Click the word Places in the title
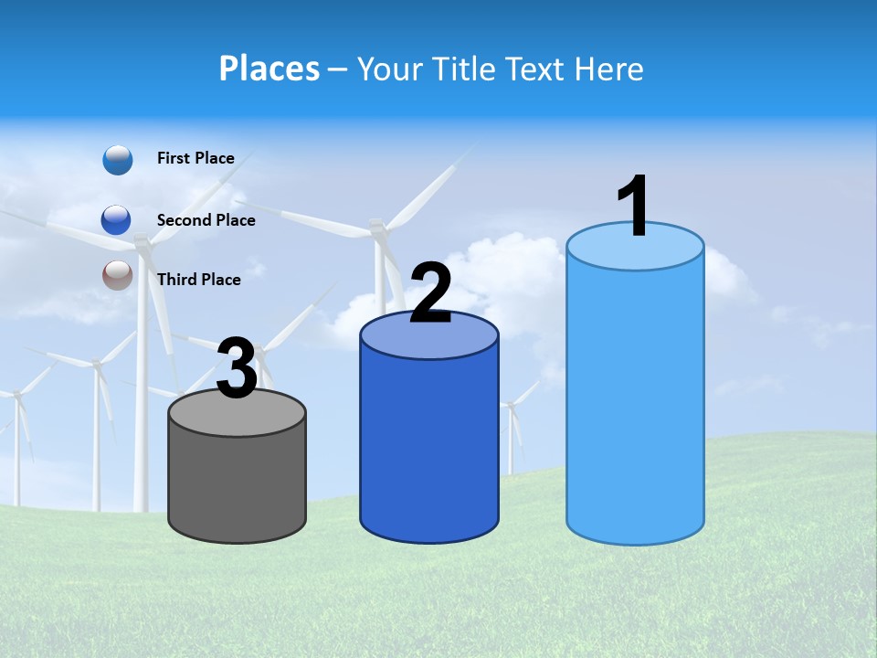(269, 69)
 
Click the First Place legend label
(195, 158)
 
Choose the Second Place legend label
(206, 219)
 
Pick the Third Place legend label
(198, 280)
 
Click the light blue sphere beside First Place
(118, 160)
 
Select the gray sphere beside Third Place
(118, 275)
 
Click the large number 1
(634, 207)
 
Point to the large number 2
(430, 293)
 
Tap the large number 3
(237, 369)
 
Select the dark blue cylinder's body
(429, 448)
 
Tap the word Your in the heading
(387, 69)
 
